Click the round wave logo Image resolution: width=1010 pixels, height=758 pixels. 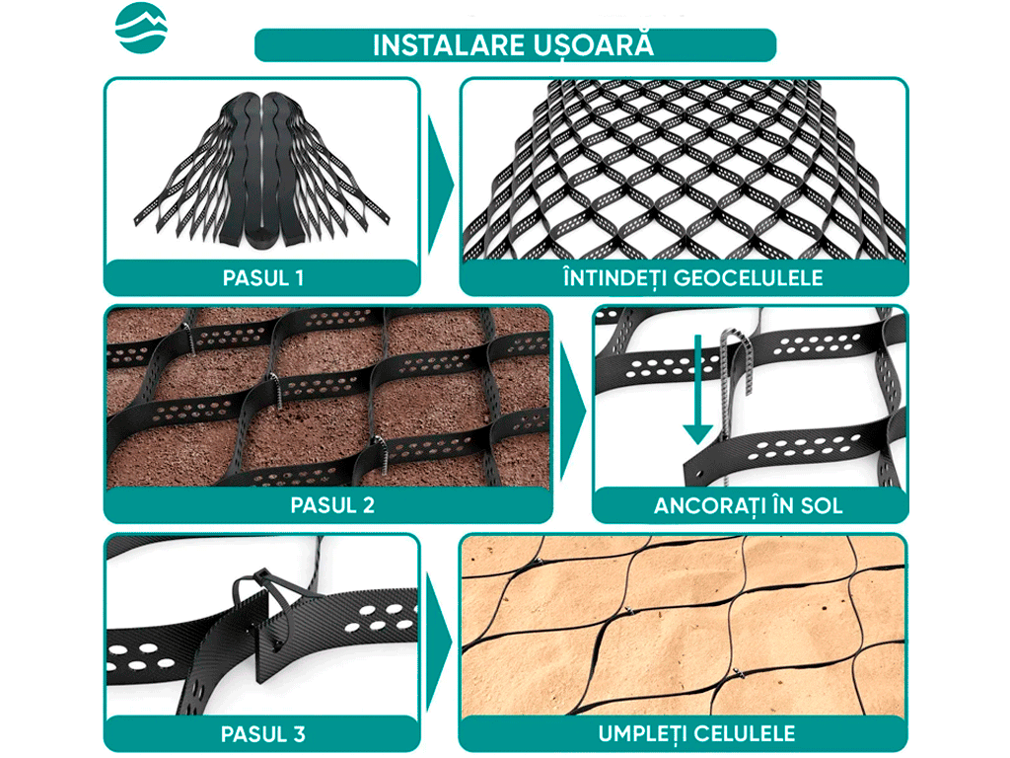141,29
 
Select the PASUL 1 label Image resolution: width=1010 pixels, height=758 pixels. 262,278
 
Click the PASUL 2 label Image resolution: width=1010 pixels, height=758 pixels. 332,505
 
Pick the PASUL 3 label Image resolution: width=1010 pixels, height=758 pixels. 262,734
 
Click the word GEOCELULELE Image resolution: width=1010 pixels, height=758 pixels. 749,278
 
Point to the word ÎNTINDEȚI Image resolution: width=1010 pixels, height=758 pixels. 615,278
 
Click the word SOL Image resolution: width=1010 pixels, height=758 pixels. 822,506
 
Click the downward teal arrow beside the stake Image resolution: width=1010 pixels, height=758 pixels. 697,389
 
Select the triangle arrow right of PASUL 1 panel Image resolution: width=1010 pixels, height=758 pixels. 441,185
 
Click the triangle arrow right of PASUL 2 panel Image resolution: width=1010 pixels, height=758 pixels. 573,411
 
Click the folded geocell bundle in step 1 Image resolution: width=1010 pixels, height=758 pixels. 261,169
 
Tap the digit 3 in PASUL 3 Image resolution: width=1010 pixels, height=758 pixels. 299,734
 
